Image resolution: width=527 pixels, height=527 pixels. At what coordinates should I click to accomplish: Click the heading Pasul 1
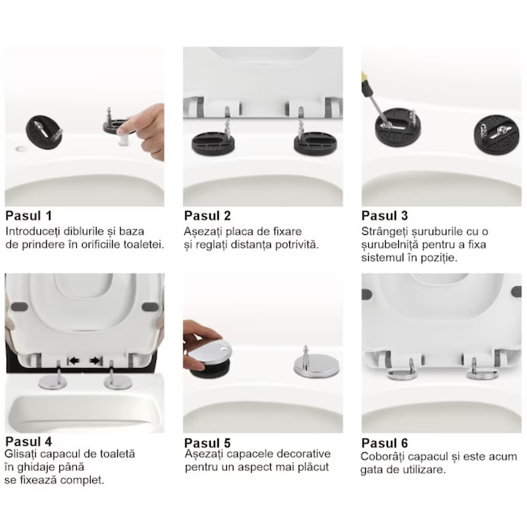pos(29,216)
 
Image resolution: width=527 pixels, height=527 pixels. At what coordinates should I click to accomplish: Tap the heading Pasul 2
pos(207,216)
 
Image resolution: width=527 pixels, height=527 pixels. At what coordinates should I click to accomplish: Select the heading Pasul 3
pos(384,216)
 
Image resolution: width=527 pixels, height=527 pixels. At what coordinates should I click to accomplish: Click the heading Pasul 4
pos(29,441)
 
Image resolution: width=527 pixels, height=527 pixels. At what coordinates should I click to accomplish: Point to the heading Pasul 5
pos(207,443)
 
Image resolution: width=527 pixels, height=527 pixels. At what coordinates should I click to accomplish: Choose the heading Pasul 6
pos(384,443)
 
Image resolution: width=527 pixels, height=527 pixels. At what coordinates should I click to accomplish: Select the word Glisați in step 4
pos(21,455)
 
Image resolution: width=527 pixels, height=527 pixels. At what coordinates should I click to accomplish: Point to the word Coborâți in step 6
pos(381,457)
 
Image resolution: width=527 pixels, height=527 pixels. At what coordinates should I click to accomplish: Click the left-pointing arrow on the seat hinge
pos(73,361)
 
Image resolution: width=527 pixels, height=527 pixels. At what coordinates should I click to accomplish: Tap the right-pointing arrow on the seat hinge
pos(96,361)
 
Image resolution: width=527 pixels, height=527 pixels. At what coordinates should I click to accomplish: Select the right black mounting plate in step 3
pos(494,135)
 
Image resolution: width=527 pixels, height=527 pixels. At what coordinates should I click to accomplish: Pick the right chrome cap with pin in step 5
pos(316,365)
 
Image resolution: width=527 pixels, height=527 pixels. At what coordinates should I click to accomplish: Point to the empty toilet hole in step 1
pos(21,148)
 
